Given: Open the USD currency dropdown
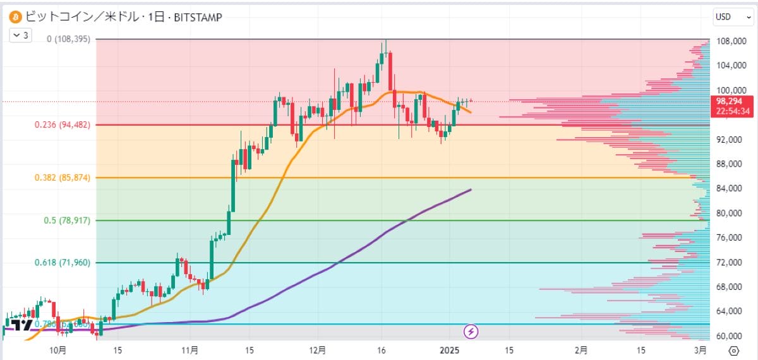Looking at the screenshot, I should pos(731,17).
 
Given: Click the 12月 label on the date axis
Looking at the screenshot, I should pos(318,349).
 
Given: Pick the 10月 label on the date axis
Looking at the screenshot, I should pos(57,349).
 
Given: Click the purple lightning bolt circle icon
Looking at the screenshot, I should pos(471,330).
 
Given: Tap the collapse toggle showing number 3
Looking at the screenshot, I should pos(20,35).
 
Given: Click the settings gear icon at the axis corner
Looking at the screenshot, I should pos(733,350).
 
